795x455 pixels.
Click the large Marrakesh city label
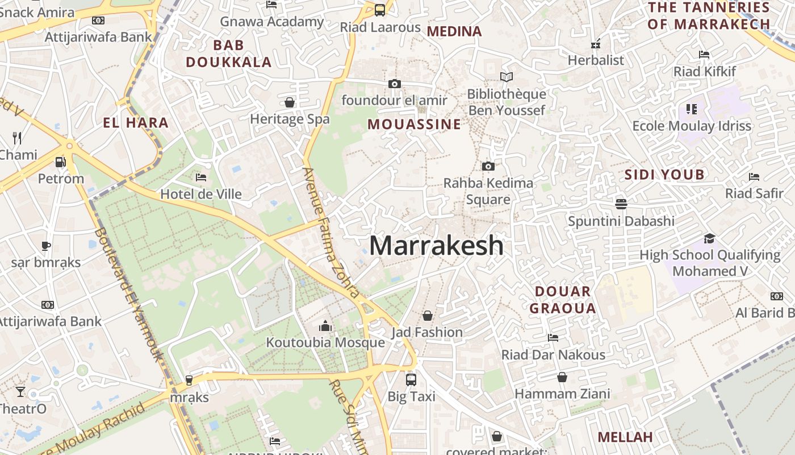pyautogui.click(x=436, y=246)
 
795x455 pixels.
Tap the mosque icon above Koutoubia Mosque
pyautogui.click(x=325, y=326)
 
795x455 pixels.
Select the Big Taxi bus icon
pyautogui.click(x=411, y=379)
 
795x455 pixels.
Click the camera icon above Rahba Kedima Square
pyautogui.click(x=488, y=166)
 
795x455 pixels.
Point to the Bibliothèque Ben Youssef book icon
pyautogui.click(x=506, y=77)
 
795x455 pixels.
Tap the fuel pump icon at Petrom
pyautogui.click(x=60, y=162)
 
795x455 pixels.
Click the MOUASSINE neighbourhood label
pyautogui.click(x=414, y=124)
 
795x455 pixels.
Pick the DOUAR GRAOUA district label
pyautogui.click(x=563, y=300)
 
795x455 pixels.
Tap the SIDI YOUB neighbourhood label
pyautogui.click(x=664, y=175)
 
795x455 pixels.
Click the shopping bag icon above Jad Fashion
pyautogui.click(x=428, y=315)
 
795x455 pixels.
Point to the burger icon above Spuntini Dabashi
pyautogui.click(x=621, y=204)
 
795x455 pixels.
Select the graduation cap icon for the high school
pyautogui.click(x=709, y=238)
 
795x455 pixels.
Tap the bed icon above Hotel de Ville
pyautogui.click(x=200, y=177)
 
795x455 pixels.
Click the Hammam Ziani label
pyautogui.click(x=562, y=394)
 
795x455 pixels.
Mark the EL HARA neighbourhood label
pyautogui.click(x=136, y=122)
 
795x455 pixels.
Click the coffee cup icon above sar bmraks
pyautogui.click(x=46, y=246)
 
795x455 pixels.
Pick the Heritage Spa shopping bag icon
pyautogui.click(x=290, y=102)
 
